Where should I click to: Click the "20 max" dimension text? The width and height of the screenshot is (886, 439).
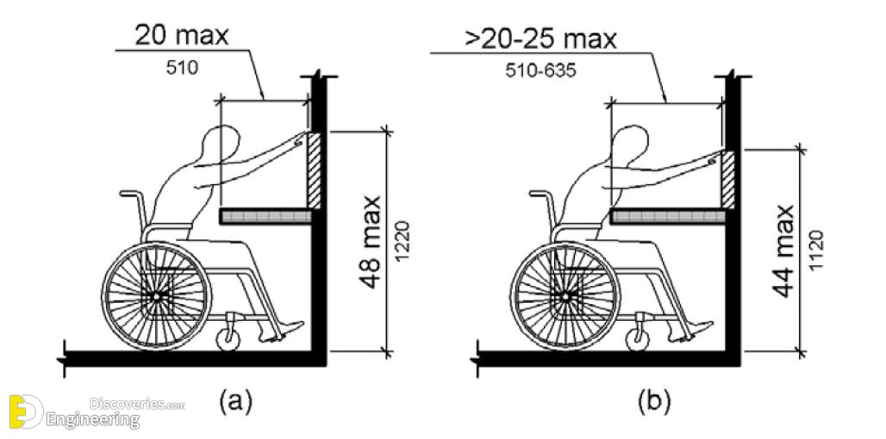(181, 35)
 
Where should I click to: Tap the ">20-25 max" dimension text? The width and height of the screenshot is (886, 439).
(540, 40)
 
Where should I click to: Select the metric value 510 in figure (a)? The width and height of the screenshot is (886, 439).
(182, 68)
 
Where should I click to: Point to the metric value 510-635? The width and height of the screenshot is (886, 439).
(541, 71)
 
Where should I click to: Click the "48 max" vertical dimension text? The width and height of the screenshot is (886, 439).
(371, 243)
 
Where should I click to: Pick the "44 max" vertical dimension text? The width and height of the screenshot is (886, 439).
(783, 251)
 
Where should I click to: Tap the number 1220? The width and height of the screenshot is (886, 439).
(402, 242)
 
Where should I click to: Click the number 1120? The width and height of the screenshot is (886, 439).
(815, 250)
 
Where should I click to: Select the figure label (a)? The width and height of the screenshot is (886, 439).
(235, 402)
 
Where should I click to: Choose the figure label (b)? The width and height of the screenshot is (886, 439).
(654, 402)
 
